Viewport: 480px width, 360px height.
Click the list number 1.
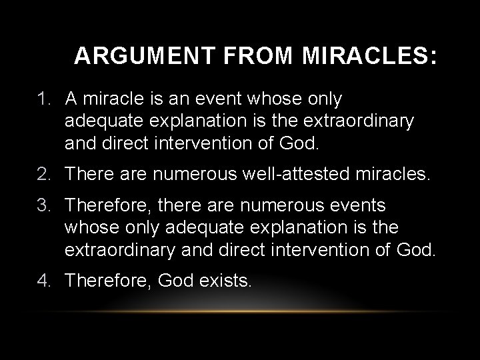click(45, 100)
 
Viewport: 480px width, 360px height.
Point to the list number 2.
click(45, 175)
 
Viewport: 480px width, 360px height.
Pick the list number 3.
click(45, 205)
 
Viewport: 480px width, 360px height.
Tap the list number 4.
click(45, 281)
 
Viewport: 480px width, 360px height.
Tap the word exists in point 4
click(226, 281)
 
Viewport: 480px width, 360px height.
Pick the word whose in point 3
click(86, 228)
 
